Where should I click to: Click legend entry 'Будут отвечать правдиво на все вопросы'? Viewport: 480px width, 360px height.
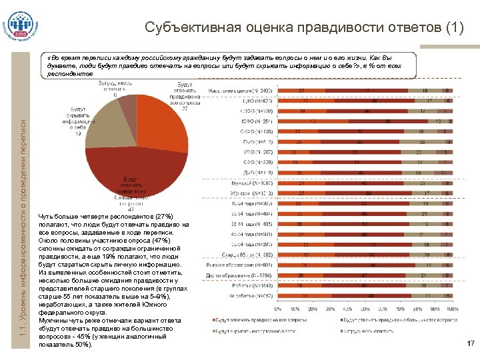point(253,320)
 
